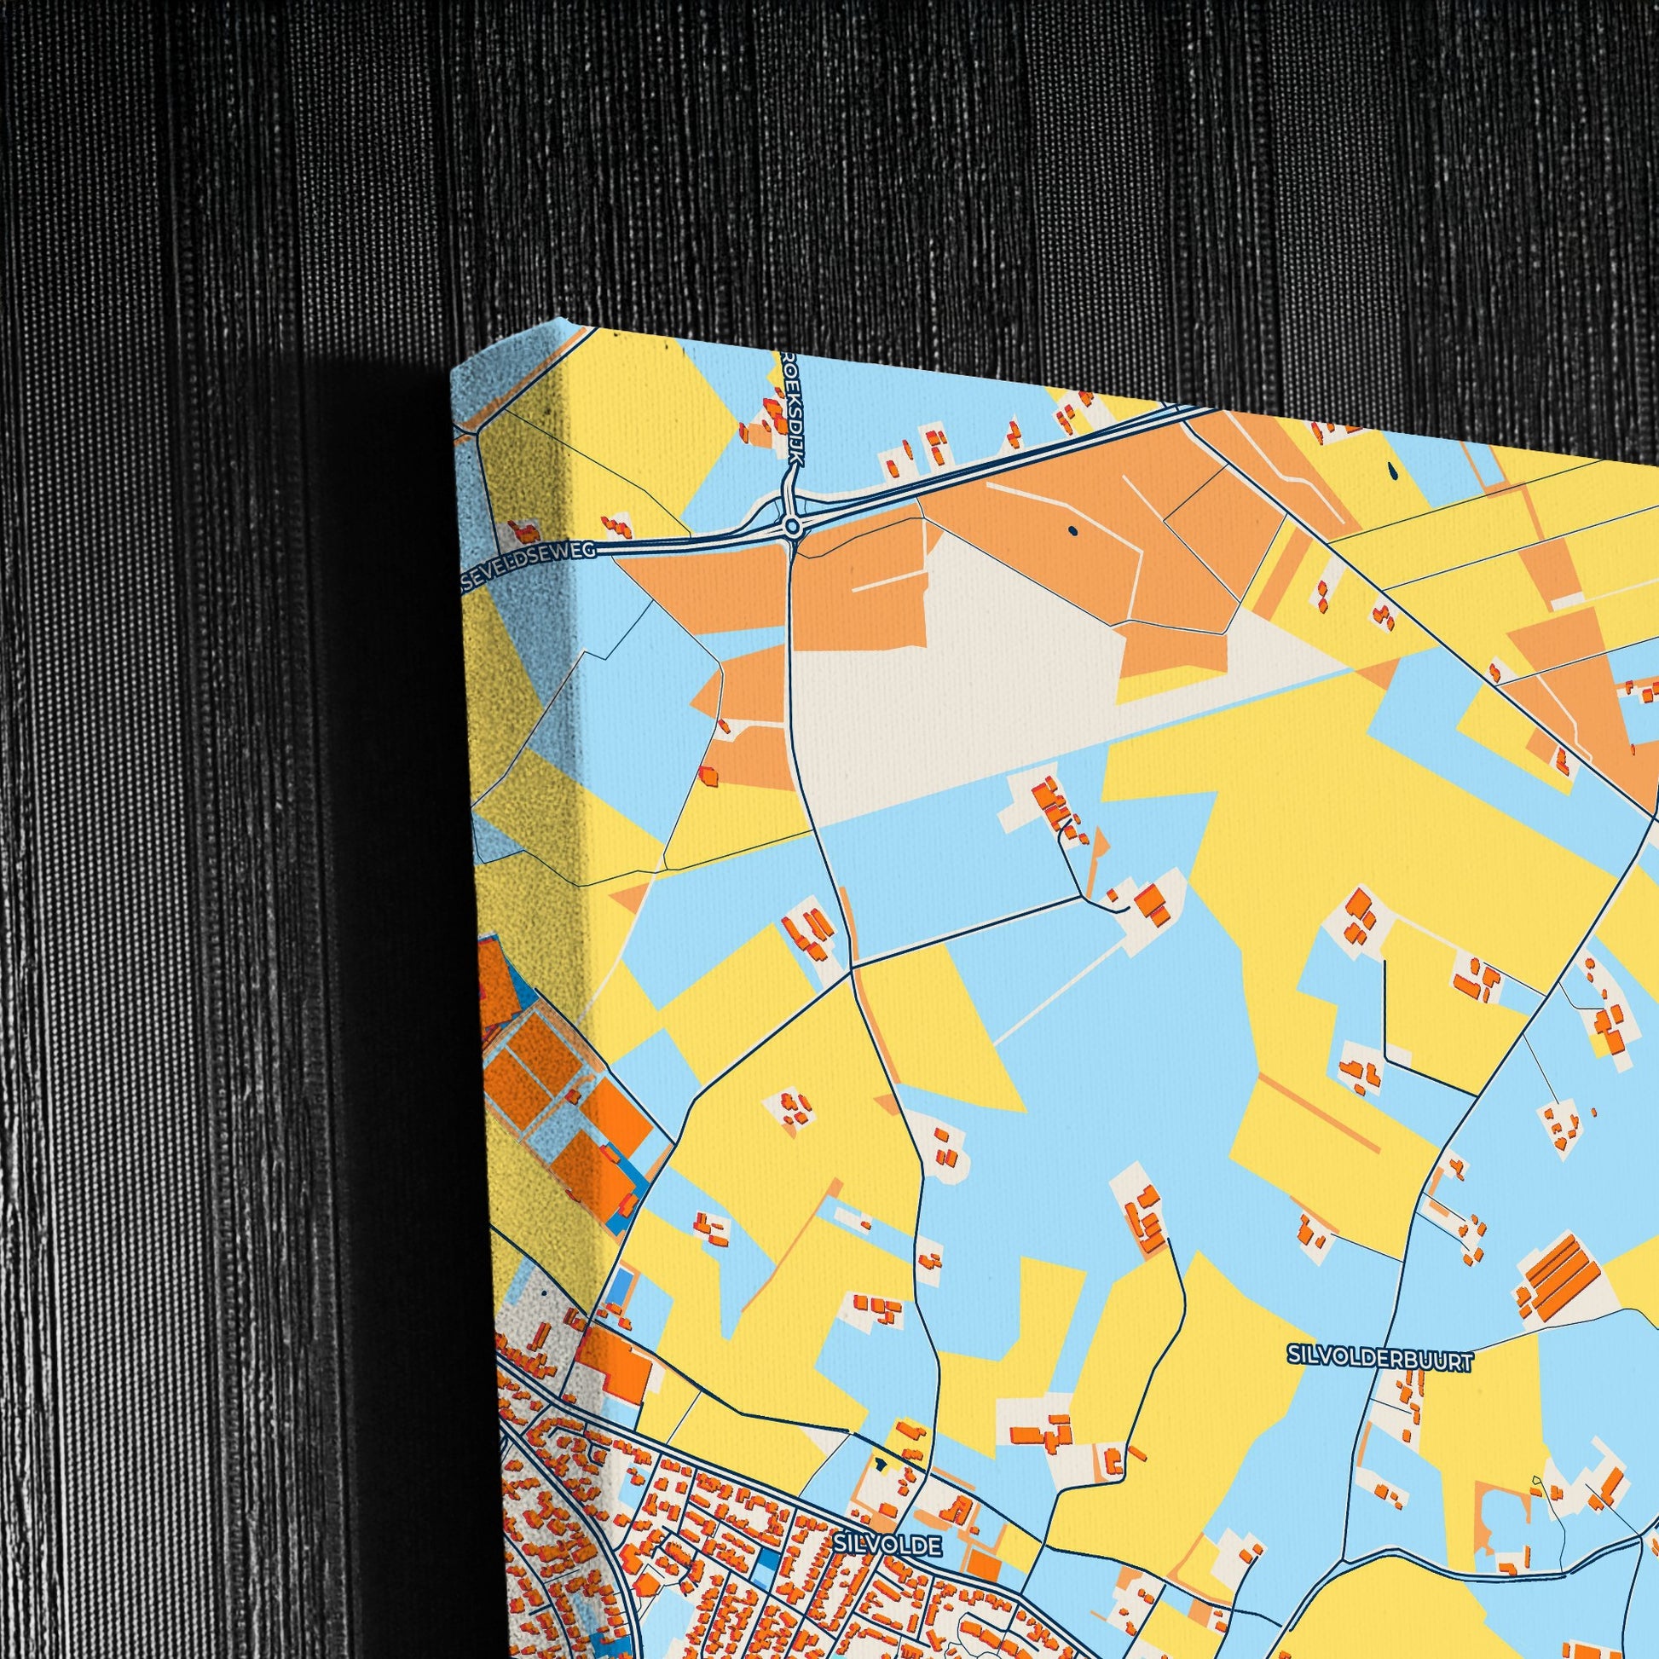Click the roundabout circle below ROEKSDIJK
point(792,524)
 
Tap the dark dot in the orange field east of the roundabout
point(1072,529)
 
